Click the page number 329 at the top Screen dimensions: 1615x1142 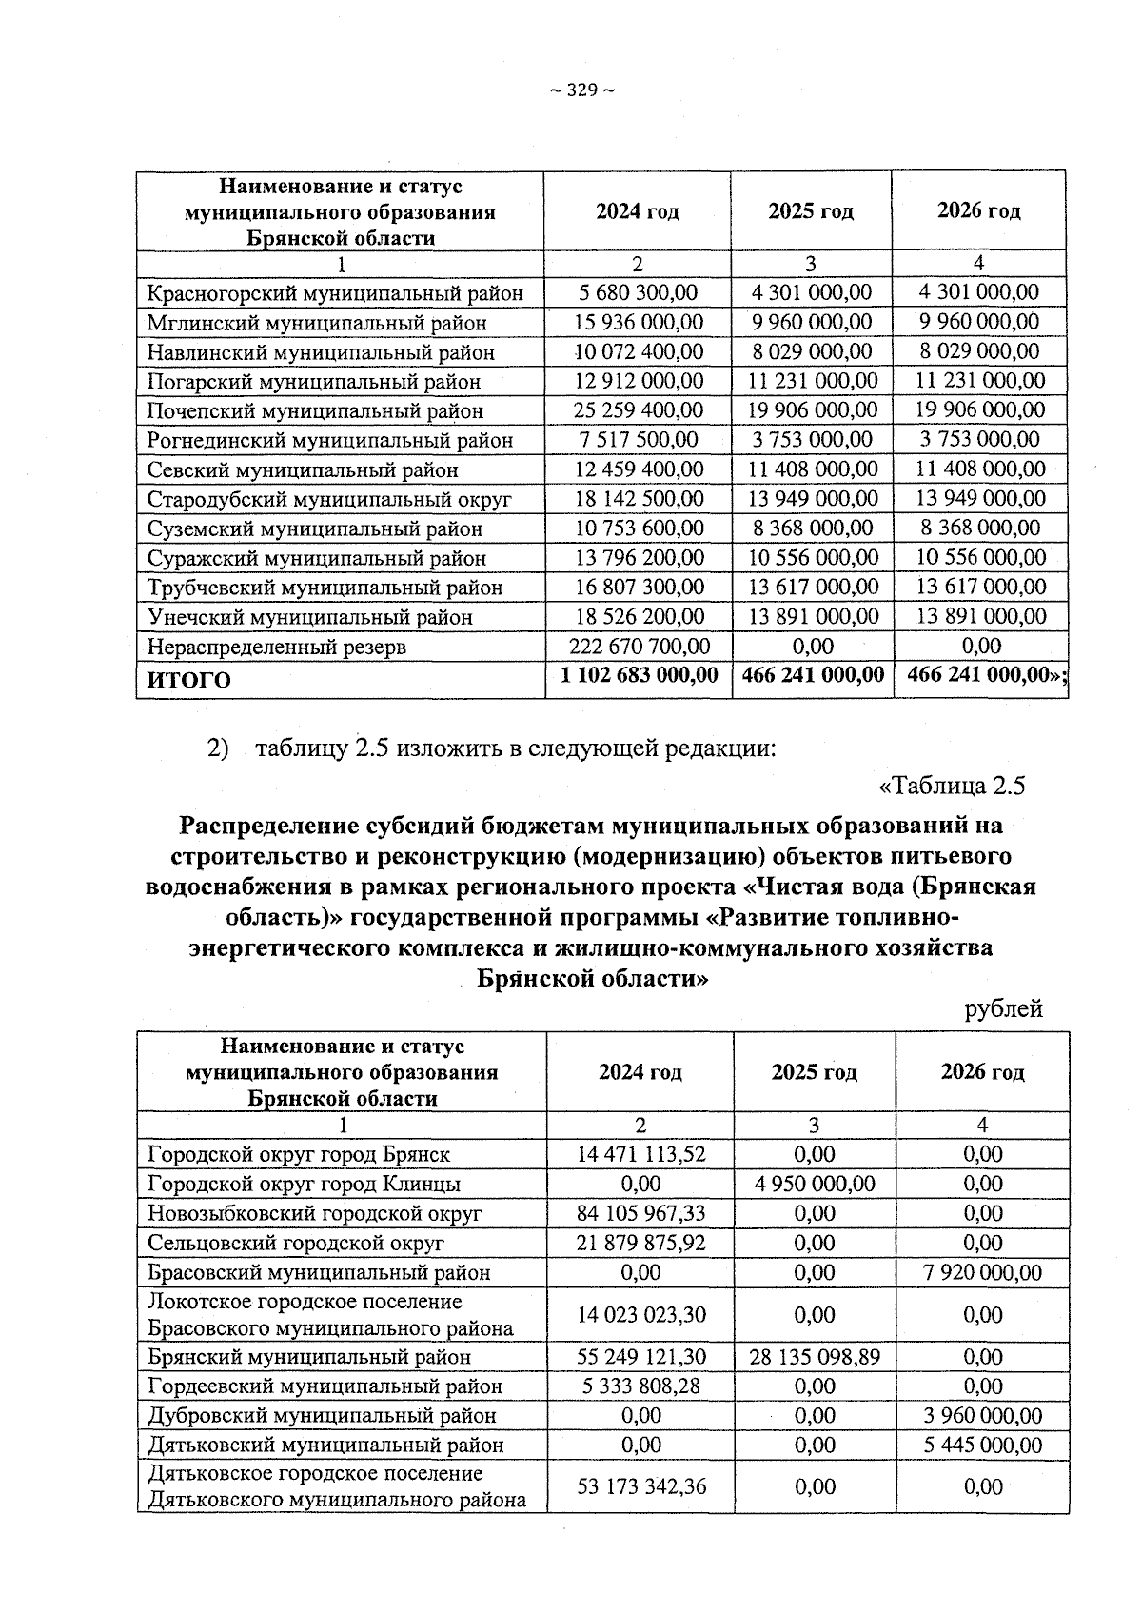pyautogui.click(x=581, y=90)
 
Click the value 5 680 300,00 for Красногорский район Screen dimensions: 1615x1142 pyautogui.click(x=638, y=292)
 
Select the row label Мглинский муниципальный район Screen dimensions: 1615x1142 pyautogui.click(x=317, y=323)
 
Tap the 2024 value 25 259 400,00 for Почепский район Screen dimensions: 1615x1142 pyautogui.click(x=638, y=410)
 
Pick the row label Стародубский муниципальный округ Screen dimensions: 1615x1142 pyautogui.click(x=329, y=499)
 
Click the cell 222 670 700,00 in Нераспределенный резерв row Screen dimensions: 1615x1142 pyautogui.click(x=638, y=647)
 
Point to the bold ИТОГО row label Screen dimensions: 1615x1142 pyautogui.click(x=187, y=680)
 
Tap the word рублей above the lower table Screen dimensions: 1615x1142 pyautogui.click(x=1003, y=1008)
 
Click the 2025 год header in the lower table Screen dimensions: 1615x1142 pyautogui.click(x=814, y=1072)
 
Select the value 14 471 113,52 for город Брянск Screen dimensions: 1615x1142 pyautogui.click(x=640, y=1154)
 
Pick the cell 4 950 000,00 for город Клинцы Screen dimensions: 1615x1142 pyautogui.click(x=814, y=1184)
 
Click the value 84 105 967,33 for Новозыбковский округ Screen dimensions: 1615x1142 pyautogui.click(x=640, y=1213)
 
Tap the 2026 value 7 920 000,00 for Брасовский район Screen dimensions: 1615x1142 pyautogui.click(x=982, y=1272)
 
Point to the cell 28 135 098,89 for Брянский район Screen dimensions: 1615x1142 pyautogui.click(x=814, y=1356)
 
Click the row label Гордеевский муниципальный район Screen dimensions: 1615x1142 pyautogui.click(x=325, y=1386)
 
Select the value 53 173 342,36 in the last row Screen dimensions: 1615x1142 pyautogui.click(x=640, y=1486)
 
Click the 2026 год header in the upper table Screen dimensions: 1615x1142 pyautogui.click(x=978, y=210)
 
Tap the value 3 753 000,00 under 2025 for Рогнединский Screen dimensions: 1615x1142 pyautogui.click(x=812, y=440)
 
